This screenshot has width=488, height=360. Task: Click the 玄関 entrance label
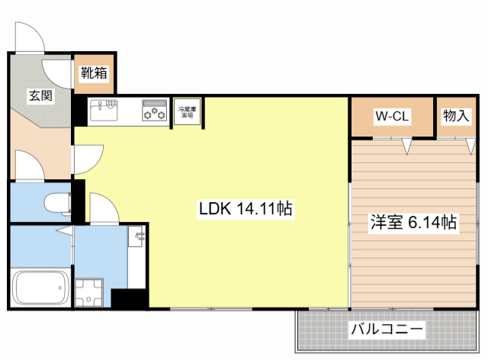[40, 96]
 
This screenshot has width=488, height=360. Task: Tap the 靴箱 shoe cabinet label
[94, 74]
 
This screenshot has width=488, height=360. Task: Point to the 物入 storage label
[455, 116]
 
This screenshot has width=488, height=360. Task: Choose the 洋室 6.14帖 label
[413, 223]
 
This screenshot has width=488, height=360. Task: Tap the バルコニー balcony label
[387, 330]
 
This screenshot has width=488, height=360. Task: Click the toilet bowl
[57, 203]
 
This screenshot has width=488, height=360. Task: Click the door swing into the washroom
[101, 207]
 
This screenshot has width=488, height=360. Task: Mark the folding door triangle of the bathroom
[67, 230]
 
